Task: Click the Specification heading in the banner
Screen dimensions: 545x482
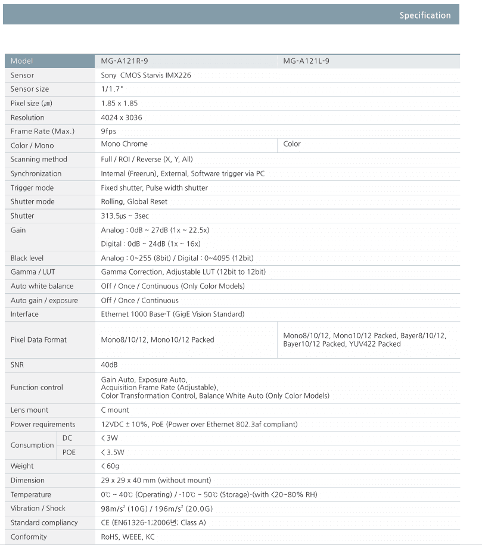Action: pyautogui.click(x=425, y=15)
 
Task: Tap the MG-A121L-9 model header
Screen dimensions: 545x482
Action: pyautogui.click(x=306, y=61)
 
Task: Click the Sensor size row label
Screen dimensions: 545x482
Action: pyautogui.click(x=30, y=89)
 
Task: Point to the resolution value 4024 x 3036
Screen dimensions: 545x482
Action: pyautogui.click(x=122, y=117)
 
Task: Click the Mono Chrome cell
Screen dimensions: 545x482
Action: pyautogui.click(x=125, y=144)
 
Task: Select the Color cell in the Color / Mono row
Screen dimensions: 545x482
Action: pyautogui.click(x=292, y=144)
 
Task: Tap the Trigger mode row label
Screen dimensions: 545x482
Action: pyautogui.click(x=32, y=188)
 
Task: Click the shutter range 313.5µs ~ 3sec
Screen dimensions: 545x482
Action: pyautogui.click(x=125, y=216)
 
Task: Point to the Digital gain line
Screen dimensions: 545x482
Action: pyautogui.click(x=151, y=244)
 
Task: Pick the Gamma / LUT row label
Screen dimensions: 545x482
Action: pyautogui.click(x=32, y=272)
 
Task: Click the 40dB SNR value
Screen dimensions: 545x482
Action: pyautogui.click(x=110, y=364)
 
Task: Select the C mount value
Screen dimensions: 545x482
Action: pyautogui.click(x=115, y=410)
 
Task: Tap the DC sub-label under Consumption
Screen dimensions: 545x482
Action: pyautogui.click(x=67, y=438)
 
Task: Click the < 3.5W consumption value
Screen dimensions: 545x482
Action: pyautogui.click(x=113, y=452)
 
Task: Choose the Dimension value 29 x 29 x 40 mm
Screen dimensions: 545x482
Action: pyautogui.click(x=156, y=480)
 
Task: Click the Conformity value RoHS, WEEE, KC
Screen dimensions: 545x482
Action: pyautogui.click(x=128, y=537)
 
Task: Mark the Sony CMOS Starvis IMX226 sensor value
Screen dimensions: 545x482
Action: pyautogui.click(x=146, y=76)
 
